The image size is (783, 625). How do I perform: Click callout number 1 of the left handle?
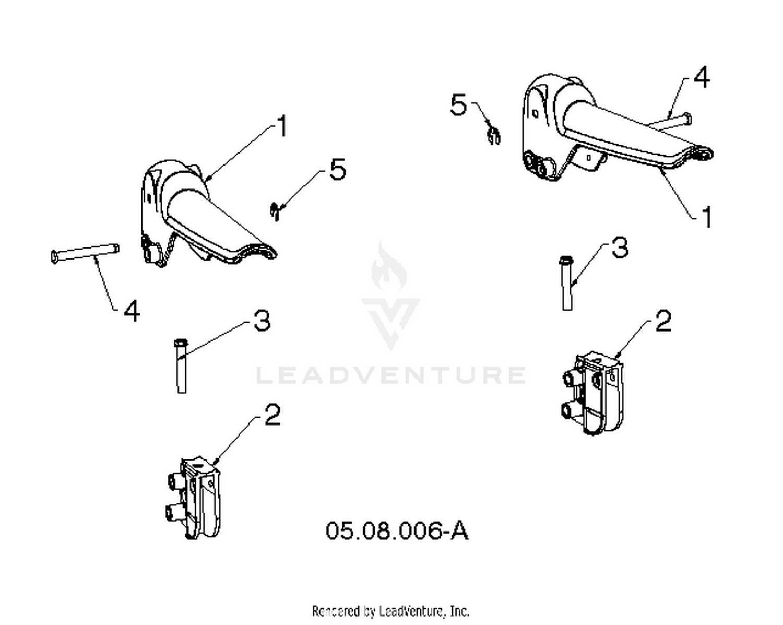tap(282, 126)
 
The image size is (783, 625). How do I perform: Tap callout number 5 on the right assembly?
tap(458, 104)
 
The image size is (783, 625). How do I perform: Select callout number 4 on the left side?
tap(132, 311)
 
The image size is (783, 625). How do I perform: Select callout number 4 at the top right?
tap(701, 77)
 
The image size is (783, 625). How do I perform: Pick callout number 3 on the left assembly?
tap(262, 320)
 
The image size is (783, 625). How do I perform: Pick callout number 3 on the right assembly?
tap(620, 247)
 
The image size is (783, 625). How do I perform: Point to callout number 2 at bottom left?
tap(272, 415)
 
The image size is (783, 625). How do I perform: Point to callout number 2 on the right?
tap(663, 321)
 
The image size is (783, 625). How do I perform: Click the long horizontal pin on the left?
tap(85, 253)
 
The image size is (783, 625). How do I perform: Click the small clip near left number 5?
tap(275, 211)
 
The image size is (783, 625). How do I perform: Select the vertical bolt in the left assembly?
tap(182, 366)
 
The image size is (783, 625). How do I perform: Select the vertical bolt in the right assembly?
tap(567, 283)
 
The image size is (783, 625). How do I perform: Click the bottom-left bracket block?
tap(193, 498)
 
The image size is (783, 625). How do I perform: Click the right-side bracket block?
tap(592, 393)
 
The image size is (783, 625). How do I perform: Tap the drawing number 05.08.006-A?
tap(397, 530)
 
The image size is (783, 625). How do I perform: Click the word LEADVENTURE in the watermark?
tap(391, 375)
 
